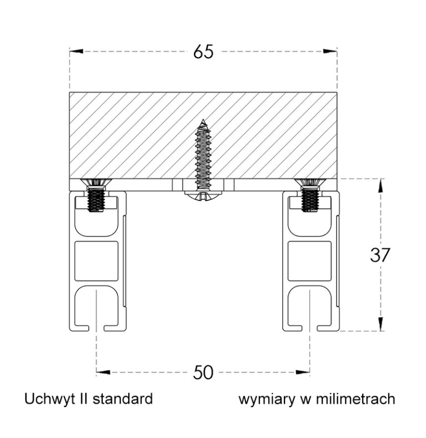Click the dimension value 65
coord(203,52)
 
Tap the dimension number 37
coord(380,255)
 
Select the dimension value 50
coord(203,372)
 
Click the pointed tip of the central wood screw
coord(204,120)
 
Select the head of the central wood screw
coord(203,195)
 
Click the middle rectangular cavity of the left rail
coord(97,260)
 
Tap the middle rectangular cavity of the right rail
coord(309,260)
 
